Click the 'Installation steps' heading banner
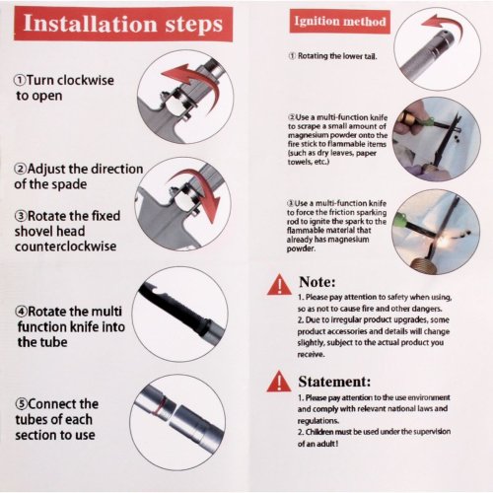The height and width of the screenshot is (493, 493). pos(123,24)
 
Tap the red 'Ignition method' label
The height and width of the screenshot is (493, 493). pos(340,22)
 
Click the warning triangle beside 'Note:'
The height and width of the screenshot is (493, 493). pos(279,285)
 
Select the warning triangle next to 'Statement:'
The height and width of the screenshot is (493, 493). pos(279,382)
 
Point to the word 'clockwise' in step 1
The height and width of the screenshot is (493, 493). pos(87,80)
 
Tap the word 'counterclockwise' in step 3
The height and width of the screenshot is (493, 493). pos(65,246)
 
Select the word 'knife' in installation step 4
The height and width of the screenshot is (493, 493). pos(82,327)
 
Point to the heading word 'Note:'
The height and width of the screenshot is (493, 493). pos(317,282)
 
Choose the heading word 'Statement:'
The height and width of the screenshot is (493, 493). pos(334,382)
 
